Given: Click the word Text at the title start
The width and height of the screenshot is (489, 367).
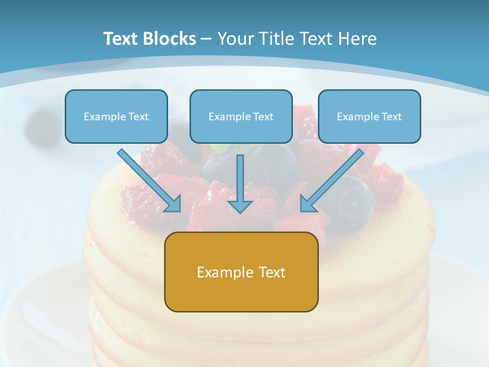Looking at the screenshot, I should [x=121, y=39].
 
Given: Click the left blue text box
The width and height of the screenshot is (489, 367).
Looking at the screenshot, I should [x=116, y=116].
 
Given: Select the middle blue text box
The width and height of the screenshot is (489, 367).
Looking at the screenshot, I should [x=241, y=116].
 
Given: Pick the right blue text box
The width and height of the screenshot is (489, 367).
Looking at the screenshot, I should [x=369, y=116].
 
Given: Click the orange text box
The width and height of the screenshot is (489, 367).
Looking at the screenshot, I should [x=241, y=272].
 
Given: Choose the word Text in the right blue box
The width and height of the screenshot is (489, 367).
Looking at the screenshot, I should [x=391, y=117].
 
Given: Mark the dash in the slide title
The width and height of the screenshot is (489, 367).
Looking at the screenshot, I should [x=206, y=39].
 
